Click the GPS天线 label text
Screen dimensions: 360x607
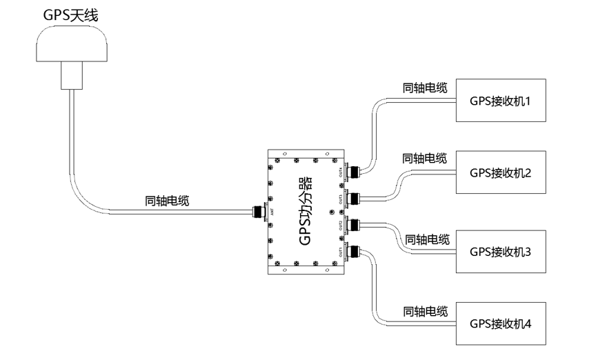coord(70,15)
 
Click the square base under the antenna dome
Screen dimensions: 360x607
coord(72,75)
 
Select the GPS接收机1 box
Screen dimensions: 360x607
coord(501,101)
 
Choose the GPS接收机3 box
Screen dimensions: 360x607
coord(501,251)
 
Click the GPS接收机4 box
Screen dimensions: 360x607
coord(501,323)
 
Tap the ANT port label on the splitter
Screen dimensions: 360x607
coord(274,212)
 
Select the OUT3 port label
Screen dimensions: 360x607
coord(340,199)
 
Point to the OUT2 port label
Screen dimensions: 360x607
coord(340,226)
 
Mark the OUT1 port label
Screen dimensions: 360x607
coord(340,252)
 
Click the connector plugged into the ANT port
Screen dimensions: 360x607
coord(260,212)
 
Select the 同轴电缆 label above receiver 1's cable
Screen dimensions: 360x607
coord(425,88)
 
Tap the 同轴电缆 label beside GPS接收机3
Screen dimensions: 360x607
coord(427,239)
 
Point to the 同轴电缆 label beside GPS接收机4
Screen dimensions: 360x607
coord(426,311)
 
